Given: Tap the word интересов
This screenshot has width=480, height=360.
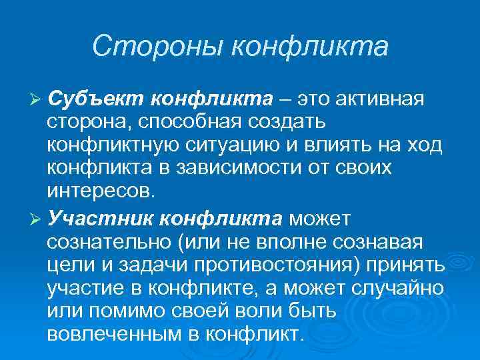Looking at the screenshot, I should pos(100,193).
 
